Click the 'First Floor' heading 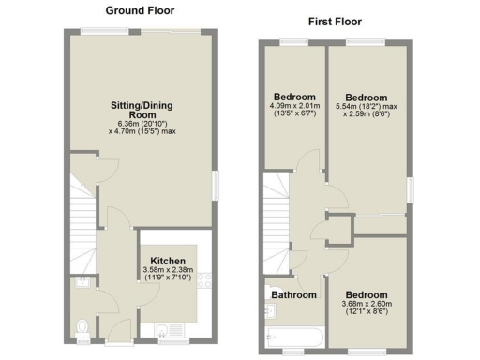(x=335, y=21)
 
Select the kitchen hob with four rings (x=207, y=277)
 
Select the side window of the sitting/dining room (x=216, y=184)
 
